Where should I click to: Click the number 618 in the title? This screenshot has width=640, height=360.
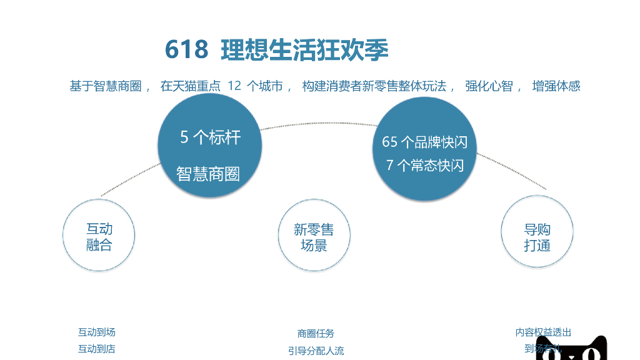[x=186, y=50]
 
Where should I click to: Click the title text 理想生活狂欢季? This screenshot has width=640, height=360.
[x=304, y=50]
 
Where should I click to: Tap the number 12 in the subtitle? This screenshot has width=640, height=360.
[x=234, y=86]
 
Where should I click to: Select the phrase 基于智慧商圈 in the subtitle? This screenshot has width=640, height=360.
[x=105, y=86]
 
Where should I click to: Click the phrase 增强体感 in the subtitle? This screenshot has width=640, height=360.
[x=556, y=86]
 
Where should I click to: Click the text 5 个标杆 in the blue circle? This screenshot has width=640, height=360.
[x=210, y=137]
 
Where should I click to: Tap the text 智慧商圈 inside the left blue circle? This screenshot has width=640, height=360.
[x=208, y=174]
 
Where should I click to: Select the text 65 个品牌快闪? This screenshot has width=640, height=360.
[x=424, y=142]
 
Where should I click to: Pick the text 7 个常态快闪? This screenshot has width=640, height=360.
[x=425, y=166]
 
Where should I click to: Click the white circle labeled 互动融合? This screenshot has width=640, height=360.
[x=99, y=236]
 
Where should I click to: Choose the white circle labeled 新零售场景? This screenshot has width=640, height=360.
[x=314, y=236]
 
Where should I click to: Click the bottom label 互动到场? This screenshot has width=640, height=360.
[x=96, y=332]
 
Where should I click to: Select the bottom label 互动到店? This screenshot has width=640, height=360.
[x=96, y=349]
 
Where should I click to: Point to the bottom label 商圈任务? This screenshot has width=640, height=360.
[x=316, y=333]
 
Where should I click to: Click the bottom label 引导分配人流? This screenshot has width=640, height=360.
[x=316, y=351]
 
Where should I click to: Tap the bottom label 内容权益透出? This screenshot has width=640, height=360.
[x=543, y=332]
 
